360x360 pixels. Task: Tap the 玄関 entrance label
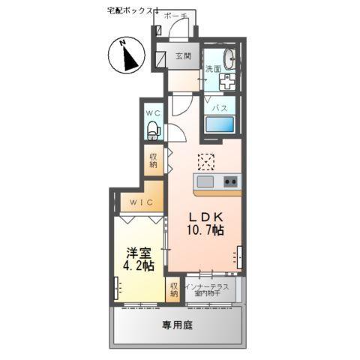coord(184,56)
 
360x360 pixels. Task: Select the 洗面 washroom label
coord(214,69)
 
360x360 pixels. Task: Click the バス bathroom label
coord(219,108)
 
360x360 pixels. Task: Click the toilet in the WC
coord(154,133)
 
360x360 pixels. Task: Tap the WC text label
coord(154,113)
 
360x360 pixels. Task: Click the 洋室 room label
coord(139,252)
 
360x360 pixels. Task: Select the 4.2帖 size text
coord(139,266)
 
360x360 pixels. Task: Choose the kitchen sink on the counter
coord(205,181)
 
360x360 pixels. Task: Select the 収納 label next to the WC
coord(154,159)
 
